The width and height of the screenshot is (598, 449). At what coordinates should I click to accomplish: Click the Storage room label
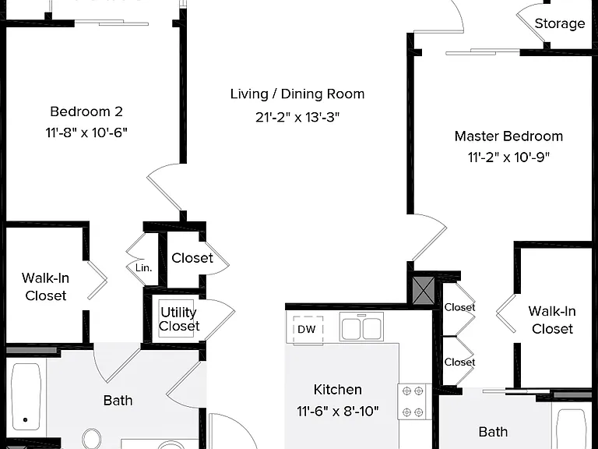[x=560, y=23]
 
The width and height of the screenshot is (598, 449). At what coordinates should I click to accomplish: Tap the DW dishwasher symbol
[x=308, y=330]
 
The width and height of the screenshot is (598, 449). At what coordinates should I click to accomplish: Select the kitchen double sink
[x=361, y=327]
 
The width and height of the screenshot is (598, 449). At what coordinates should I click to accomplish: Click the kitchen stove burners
[x=413, y=401]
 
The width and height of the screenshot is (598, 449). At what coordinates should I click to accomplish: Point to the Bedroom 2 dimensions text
[x=86, y=133]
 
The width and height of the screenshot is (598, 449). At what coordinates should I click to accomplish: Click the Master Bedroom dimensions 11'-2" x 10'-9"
[x=508, y=157]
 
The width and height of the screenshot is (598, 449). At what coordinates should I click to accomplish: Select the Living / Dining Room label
[x=297, y=94]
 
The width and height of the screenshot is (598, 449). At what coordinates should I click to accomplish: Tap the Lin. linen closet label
[x=144, y=267]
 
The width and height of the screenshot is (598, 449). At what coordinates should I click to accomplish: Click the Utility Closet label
[x=179, y=319]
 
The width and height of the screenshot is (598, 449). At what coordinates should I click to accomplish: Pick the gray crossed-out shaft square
[x=424, y=291]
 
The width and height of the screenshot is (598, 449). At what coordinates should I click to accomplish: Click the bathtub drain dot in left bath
[x=25, y=419]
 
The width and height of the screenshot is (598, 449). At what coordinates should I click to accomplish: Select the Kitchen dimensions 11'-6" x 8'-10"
[x=337, y=412]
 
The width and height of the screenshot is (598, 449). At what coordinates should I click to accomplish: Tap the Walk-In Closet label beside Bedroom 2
[x=45, y=287]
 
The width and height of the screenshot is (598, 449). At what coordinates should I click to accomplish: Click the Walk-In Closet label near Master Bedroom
[x=552, y=320]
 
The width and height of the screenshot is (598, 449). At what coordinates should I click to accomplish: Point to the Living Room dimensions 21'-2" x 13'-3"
[x=297, y=117]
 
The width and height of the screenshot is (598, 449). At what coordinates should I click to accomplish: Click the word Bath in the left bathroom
[x=118, y=401]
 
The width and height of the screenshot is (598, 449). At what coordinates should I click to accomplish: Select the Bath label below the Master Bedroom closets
[x=493, y=432]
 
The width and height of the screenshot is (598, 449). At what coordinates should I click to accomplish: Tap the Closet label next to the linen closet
[x=192, y=258]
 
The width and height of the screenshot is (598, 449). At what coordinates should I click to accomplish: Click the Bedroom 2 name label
[x=86, y=111]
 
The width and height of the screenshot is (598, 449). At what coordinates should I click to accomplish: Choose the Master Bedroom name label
[x=508, y=136]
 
